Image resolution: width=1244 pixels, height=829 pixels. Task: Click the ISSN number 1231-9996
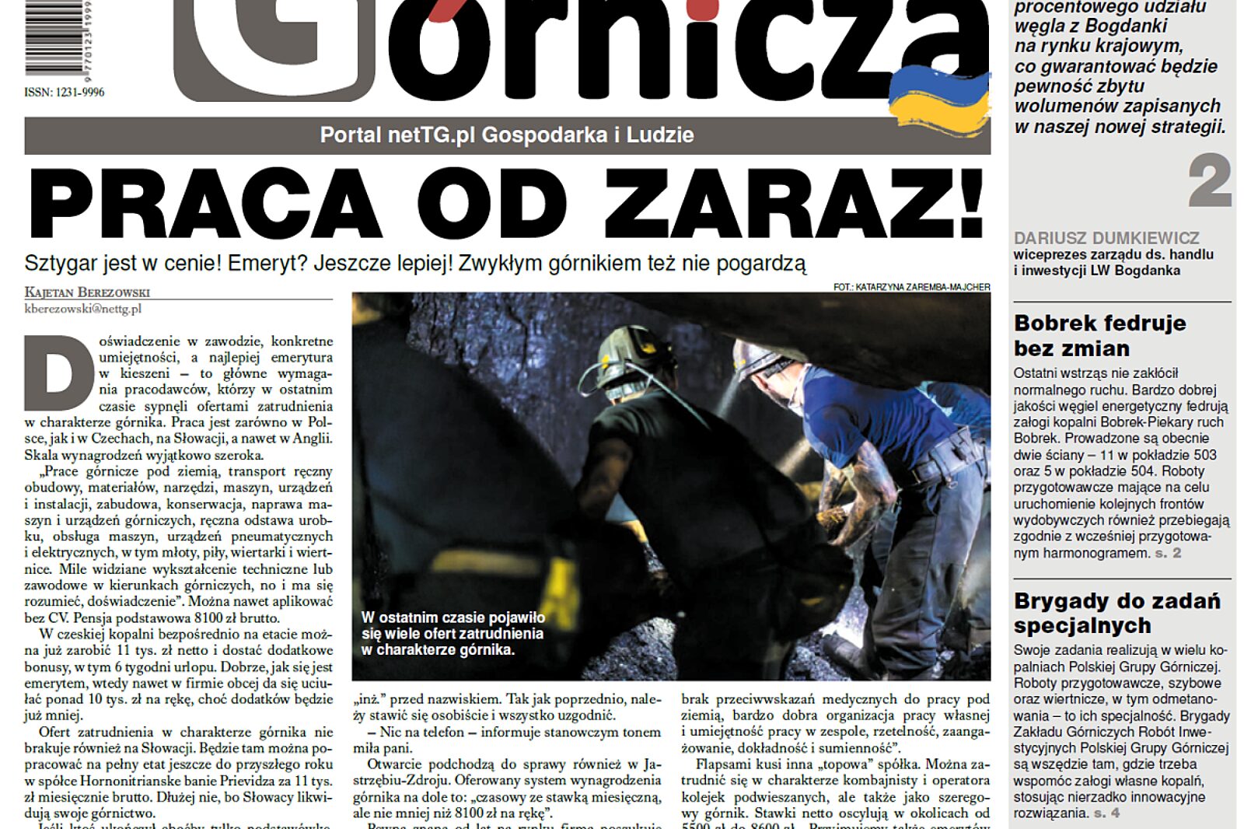click(64, 93)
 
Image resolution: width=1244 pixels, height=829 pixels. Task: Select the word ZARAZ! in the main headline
click(794, 204)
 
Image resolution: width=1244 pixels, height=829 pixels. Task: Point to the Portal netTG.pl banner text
click(507, 135)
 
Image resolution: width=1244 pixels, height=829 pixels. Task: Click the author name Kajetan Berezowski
click(87, 292)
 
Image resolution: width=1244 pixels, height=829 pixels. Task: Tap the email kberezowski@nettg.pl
click(82, 309)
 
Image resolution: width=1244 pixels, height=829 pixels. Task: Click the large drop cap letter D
click(59, 373)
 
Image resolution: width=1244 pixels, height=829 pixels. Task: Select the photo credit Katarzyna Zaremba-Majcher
click(911, 287)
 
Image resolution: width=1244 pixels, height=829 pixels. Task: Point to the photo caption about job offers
click(453, 633)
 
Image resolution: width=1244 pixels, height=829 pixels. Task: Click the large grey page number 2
click(1209, 181)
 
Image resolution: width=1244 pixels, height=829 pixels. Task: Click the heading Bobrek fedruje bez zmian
click(1099, 335)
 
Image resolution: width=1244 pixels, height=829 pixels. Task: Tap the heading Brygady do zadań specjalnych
click(1116, 613)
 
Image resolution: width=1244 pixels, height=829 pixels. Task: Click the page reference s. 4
click(1106, 813)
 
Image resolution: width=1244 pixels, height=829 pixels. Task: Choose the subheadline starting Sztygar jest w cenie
click(415, 264)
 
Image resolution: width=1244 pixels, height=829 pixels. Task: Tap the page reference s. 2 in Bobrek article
click(1168, 553)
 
